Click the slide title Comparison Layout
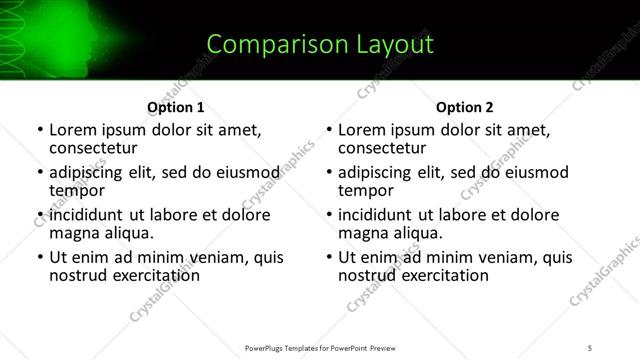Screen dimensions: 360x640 319,44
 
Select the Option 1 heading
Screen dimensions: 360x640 175,107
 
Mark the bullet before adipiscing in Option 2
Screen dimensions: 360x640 328,173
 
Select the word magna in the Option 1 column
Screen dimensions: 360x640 73,233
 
